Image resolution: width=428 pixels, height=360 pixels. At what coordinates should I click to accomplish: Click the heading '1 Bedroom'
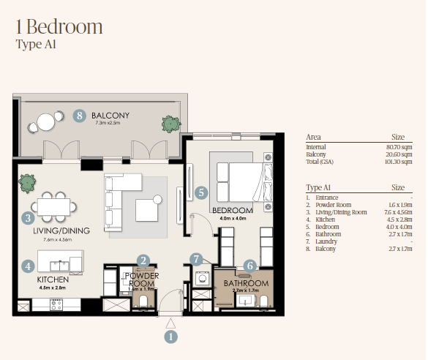coord(59,27)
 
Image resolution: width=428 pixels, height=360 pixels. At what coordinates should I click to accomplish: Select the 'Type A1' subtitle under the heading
coord(36,45)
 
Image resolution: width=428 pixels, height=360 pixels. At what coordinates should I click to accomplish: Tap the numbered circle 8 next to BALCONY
coord(80,116)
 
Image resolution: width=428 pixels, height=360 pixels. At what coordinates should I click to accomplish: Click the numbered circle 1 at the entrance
coord(170,337)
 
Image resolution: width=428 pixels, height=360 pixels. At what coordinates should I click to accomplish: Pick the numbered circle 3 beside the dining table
coord(28,217)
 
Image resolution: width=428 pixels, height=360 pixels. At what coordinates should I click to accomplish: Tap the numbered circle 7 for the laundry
coord(195,258)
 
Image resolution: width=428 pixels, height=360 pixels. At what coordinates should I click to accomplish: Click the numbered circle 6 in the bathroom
coord(249,266)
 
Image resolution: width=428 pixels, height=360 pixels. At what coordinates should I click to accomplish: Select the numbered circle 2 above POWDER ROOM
coord(144,260)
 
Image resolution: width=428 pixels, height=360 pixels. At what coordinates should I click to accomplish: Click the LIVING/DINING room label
coord(61,231)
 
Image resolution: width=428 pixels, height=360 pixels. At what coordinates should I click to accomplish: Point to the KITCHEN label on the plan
coord(53,280)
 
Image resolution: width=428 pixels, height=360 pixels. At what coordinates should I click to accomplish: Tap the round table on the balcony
coord(46,121)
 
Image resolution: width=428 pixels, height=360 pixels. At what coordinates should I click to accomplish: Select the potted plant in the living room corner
coord(27,181)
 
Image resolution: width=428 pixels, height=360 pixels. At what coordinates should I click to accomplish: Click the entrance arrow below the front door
coord(170,321)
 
